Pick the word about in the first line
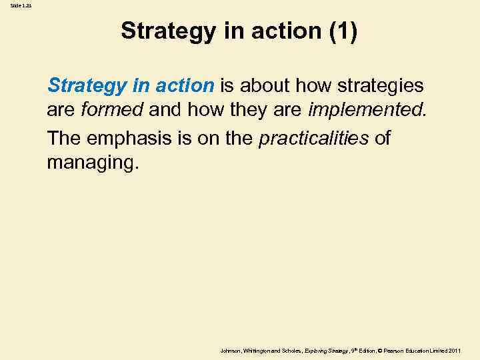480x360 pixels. point(261,85)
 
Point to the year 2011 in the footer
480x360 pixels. point(455,350)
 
